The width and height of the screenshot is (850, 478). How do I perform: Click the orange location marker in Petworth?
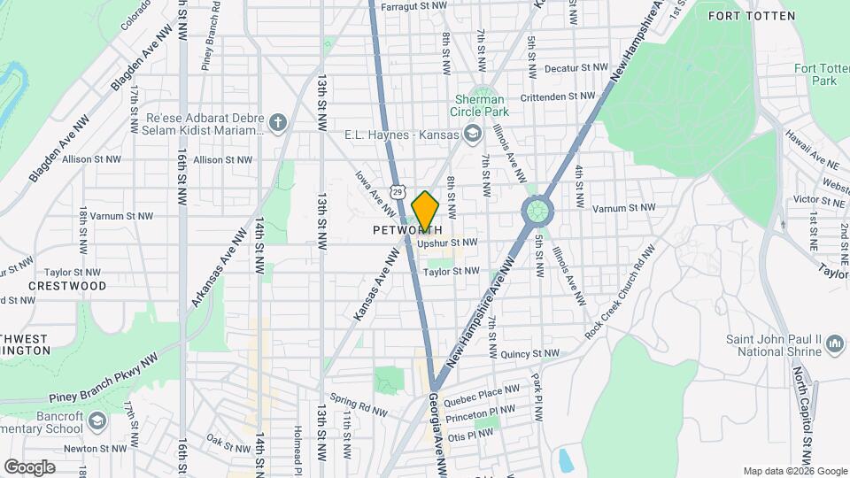point(425,210)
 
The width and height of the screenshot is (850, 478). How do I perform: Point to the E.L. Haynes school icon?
point(473,134)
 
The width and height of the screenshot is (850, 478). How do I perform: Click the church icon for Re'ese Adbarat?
point(279,123)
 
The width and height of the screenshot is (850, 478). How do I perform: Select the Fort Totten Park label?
point(815,74)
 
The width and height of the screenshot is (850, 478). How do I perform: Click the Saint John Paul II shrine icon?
point(833,350)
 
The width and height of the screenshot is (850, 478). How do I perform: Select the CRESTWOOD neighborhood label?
point(67,286)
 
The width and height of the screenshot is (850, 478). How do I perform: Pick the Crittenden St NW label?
point(559,96)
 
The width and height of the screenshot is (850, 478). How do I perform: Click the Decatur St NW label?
point(576,67)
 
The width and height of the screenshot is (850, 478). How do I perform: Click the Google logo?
point(29,466)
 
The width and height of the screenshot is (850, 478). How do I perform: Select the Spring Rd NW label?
point(358,405)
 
